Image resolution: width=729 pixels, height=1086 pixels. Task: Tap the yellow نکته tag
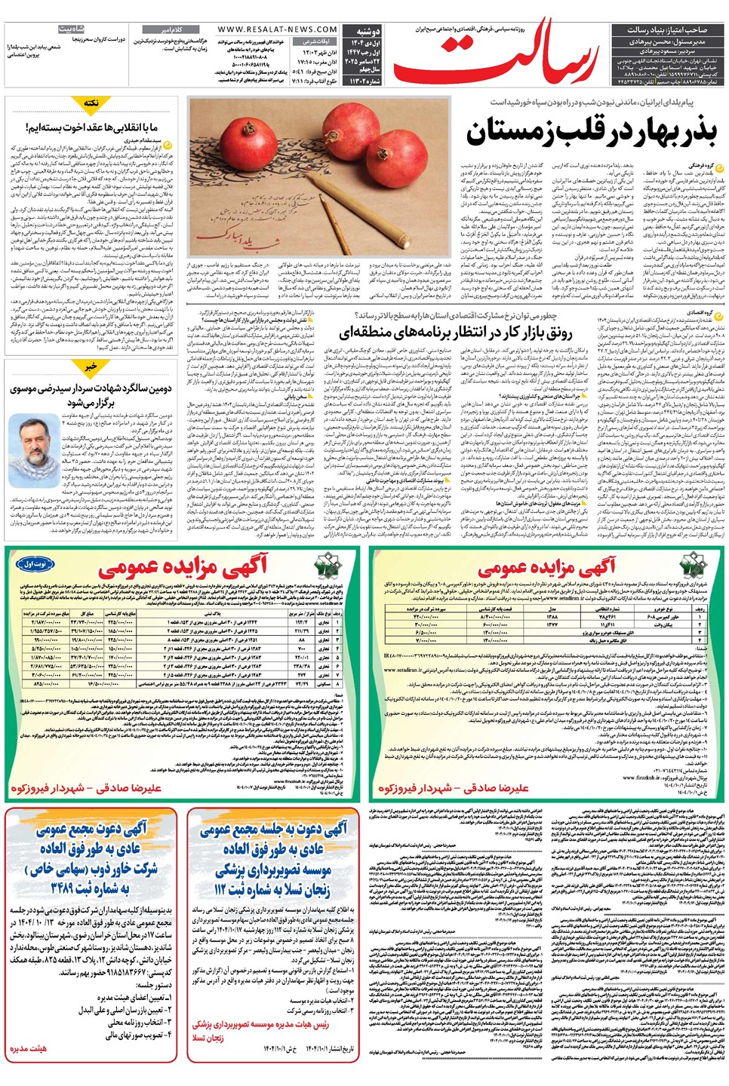[91, 103]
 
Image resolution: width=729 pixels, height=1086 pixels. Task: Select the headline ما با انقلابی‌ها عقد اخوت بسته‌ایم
[91, 127]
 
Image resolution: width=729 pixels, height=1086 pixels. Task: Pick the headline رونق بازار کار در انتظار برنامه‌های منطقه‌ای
[455, 332]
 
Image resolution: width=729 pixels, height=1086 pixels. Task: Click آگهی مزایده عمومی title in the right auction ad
[546, 567]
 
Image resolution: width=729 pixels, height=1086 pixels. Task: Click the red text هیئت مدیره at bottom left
[28, 1048]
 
